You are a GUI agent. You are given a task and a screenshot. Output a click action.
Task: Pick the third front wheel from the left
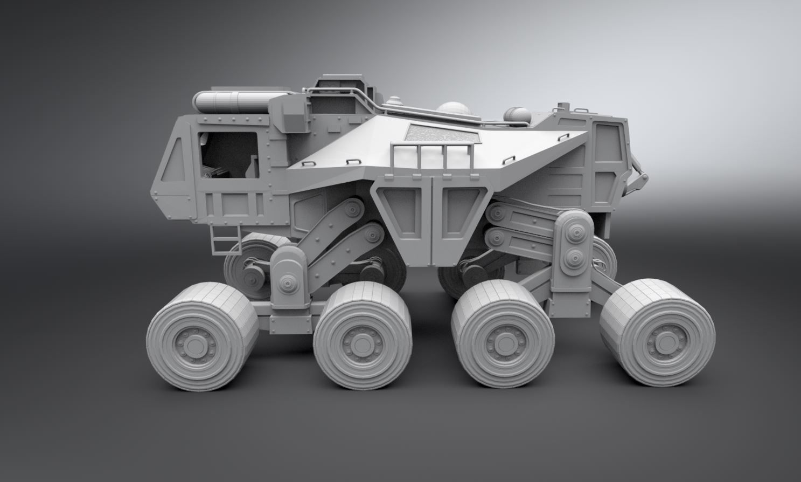click(502, 342)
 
